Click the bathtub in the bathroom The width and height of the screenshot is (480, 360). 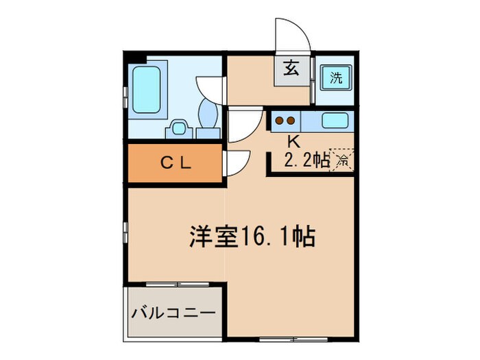(x=148, y=90)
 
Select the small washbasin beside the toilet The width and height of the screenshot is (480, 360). (x=180, y=128)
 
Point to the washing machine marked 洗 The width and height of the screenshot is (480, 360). (x=335, y=77)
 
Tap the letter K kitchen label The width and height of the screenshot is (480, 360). (x=293, y=142)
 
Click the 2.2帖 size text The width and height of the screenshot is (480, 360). (x=306, y=161)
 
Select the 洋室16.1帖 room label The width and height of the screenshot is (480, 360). (x=252, y=237)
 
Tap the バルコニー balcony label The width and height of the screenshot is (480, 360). (x=173, y=313)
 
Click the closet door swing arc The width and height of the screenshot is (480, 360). (x=235, y=163)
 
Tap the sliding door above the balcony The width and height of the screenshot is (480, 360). (x=176, y=283)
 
